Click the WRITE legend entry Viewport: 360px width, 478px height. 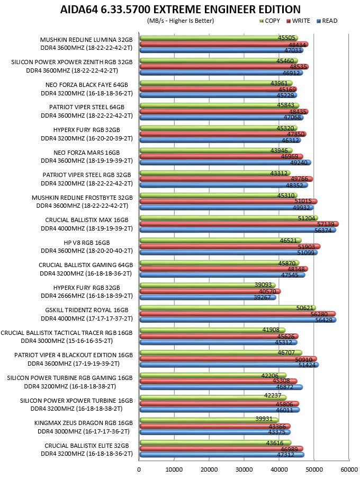(x=298, y=21)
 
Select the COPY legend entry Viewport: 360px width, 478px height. (x=269, y=21)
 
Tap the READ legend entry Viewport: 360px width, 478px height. (x=327, y=21)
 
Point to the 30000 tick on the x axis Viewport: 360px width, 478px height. (x=244, y=470)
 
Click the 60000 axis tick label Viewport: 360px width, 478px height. (x=349, y=470)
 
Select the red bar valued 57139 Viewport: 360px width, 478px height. (x=239, y=224)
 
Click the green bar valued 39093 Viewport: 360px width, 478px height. (x=208, y=285)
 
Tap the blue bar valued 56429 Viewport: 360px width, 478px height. (x=238, y=320)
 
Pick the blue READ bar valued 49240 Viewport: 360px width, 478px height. (x=225, y=163)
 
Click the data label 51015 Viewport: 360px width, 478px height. (x=303, y=201)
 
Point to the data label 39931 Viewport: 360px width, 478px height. (x=264, y=419)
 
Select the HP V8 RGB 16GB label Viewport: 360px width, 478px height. (x=87, y=243)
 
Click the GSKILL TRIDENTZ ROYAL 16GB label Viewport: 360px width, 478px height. (x=87, y=310)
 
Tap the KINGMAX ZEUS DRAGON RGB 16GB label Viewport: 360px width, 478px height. (x=84, y=423)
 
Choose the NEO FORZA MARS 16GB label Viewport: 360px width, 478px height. (x=87, y=153)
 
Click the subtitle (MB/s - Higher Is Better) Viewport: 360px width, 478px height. (x=181, y=21)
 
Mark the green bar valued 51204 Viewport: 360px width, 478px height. (x=229, y=218)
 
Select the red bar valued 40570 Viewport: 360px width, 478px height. (x=210, y=291)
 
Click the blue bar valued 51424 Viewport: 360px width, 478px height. (x=229, y=365)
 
